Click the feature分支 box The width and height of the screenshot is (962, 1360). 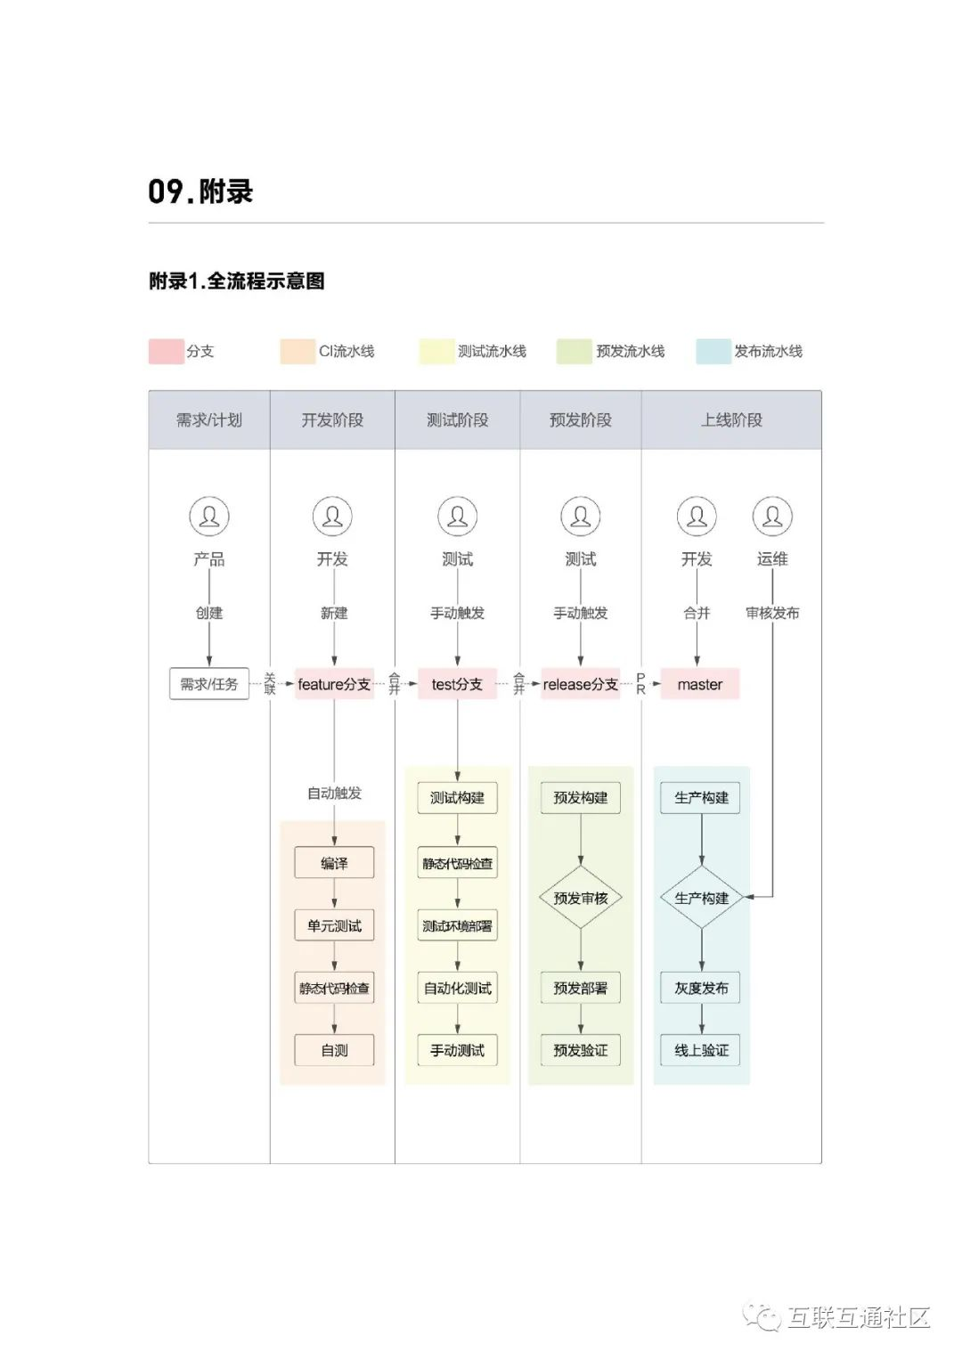tap(334, 684)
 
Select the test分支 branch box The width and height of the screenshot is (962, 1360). tap(457, 684)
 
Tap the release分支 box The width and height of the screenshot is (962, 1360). tap(580, 684)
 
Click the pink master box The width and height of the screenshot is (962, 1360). tap(700, 684)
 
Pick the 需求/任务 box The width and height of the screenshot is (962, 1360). tap(209, 684)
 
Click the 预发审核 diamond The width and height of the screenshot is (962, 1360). tap(581, 898)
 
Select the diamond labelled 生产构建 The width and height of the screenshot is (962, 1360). tap(702, 898)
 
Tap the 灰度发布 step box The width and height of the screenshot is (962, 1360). tap(702, 988)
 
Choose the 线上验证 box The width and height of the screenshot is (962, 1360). tap(702, 1050)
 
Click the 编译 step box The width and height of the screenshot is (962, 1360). tap(334, 862)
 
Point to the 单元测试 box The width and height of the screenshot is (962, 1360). tap(334, 925)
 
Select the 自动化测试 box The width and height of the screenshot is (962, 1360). tap(457, 988)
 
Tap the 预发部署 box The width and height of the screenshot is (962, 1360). tap(581, 988)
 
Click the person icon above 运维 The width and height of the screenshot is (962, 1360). tap(772, 517)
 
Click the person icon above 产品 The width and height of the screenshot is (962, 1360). tap(209, 517)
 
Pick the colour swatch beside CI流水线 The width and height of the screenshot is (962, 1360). tap(298, 351)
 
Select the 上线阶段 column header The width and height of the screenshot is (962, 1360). tap(731, 419)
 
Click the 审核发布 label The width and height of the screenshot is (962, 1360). tap(772, 613)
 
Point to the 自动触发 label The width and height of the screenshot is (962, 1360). tap(334, 793)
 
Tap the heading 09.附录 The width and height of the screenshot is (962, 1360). tap(200, 191)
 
